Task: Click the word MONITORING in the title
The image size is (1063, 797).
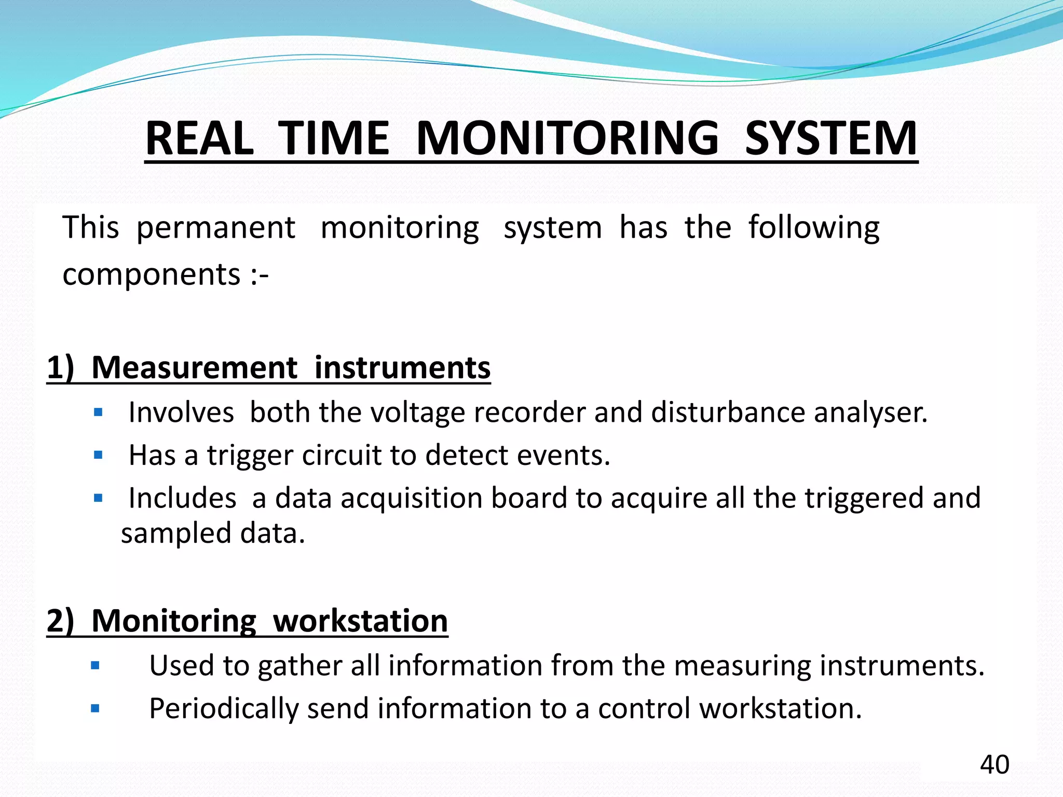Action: point(567,139)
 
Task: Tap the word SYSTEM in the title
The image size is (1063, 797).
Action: point(831,139)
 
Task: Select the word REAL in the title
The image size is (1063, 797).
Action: point(199,139)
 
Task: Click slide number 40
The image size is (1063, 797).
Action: point(994,764)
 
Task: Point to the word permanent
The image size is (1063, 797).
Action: point(215,228)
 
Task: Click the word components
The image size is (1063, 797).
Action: point(151,274)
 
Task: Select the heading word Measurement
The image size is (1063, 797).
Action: point(194,368)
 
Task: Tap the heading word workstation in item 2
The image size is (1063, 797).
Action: point(360,621)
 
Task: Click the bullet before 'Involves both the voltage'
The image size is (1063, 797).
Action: point(99,413)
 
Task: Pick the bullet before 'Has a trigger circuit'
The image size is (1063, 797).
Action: point(99,456)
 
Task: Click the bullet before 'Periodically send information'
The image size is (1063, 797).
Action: point(95,708)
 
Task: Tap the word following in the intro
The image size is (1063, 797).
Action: point(813,228)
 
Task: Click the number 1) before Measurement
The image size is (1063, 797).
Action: point(60,368)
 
